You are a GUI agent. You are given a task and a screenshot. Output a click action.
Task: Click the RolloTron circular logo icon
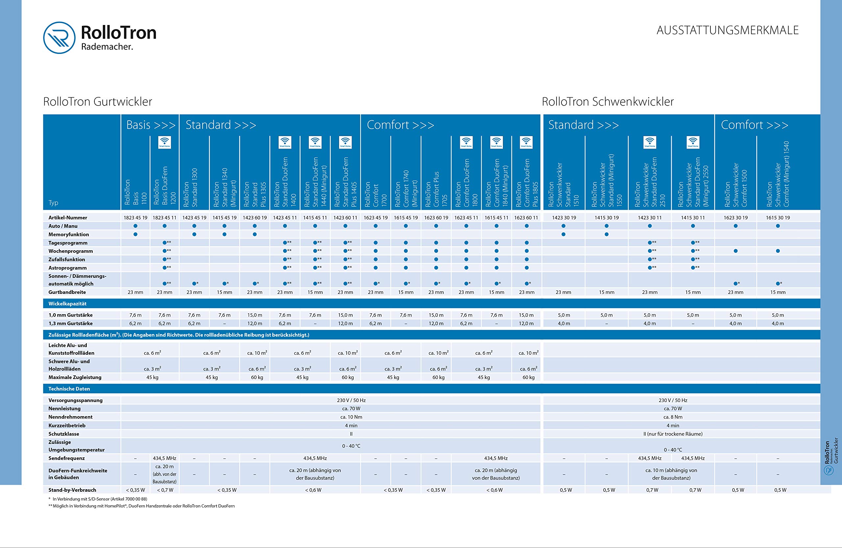(59, 37)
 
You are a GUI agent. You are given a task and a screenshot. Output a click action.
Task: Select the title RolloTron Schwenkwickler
(607, 102)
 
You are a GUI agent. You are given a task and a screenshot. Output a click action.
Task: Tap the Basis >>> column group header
(151, 125)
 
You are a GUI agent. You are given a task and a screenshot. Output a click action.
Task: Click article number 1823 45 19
(136, 218)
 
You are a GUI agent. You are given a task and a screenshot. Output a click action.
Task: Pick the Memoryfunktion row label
(69, 234)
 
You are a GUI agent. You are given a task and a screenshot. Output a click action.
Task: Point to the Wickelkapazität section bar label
(67, 304)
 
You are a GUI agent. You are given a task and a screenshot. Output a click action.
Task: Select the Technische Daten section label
(69, 389)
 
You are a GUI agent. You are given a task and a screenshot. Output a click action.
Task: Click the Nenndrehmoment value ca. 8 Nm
(673, 417)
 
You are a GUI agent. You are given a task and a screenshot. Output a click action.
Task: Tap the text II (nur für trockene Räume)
(673, 434)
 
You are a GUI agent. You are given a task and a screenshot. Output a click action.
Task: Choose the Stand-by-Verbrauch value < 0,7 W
(165, 490)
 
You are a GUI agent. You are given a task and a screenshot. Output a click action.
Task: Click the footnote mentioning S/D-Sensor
(98, 499)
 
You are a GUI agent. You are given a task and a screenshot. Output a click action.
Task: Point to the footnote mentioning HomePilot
(141, 506)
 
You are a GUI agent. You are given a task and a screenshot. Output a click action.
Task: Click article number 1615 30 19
(778, 218)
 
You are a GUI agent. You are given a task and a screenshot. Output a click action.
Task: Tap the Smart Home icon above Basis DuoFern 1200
(164, 142)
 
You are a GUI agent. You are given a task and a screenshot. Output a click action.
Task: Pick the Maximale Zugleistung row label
(75, 377)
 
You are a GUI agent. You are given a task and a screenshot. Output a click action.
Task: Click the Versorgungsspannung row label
(75, 400)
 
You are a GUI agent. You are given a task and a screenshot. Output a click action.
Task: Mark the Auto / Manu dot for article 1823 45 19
(136, 226)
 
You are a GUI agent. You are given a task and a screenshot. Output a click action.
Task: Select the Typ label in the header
(53, 203)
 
